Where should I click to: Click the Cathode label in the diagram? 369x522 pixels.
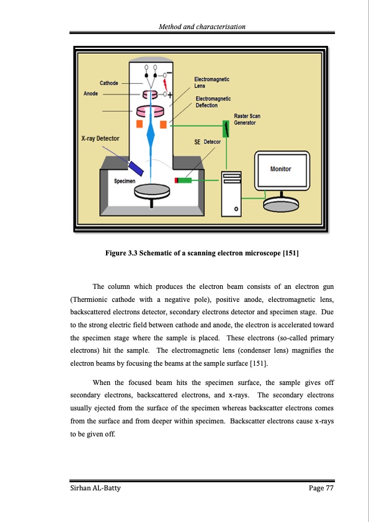pos(109,82)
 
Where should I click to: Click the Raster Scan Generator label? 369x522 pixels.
pos(247,119)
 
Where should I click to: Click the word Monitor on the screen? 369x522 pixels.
pos(280,169)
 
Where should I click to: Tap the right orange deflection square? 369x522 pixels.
pos(163,125)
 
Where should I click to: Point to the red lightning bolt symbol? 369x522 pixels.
pos(164,82)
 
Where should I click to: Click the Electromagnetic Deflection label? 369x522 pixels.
pos(213,102)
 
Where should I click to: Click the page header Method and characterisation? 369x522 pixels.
pos(202,27)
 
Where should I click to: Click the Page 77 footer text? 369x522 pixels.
pos(321,489)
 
